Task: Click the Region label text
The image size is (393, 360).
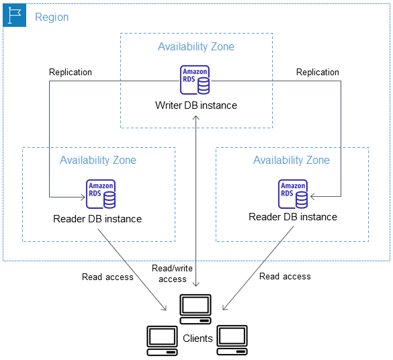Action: (52, 17)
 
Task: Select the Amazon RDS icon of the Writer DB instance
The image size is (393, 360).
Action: (195, 80)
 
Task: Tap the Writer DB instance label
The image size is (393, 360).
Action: (196, 105)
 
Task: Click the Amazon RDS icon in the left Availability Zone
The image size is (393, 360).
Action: (101, 193)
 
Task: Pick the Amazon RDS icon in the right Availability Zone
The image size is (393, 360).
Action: (293, 193)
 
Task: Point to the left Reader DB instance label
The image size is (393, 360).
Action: (97, 219)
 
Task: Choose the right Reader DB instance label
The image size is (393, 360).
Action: (293, 217)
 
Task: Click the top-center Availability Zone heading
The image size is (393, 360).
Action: (196, 47)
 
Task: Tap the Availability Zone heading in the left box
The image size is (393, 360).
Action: (98, 160)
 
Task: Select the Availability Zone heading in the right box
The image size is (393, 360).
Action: (292, 160)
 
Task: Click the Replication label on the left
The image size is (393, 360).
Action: (71, 72)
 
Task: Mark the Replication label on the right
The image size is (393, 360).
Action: (318, 72)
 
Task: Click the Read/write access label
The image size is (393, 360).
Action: (173, 273)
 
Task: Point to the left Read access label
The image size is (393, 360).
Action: (107, 277)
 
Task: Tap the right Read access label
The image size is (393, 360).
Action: (285, 276)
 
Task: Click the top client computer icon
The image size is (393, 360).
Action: (196, 306)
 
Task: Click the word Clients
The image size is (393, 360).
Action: (198, 339)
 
